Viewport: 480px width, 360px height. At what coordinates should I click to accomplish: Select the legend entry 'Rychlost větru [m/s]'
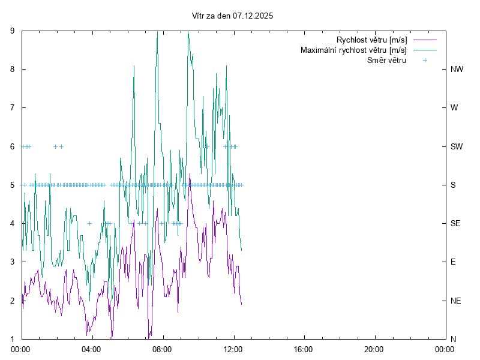pos(372,40)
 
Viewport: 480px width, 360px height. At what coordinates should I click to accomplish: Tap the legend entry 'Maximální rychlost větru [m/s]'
pos(354,50)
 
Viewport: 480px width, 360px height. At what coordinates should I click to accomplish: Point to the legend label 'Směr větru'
pos(387,60)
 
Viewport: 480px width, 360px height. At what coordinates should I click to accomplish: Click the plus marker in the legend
pos(424,60)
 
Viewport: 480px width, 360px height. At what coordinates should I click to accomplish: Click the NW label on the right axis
pos(457,69)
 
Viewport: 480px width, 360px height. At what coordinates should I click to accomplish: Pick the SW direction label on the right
pos(457,146)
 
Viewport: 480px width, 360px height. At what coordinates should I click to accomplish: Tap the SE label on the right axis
pos(456,223)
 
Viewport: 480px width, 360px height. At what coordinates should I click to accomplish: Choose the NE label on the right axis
pos(456,301)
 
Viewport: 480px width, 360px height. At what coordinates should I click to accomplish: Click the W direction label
pos(454,108)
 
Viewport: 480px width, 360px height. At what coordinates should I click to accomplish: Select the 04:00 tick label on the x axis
pos(92,349)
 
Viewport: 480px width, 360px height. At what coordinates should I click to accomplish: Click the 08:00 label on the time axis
pos(162,349)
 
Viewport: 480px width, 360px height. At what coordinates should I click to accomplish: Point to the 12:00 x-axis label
pos(233,349)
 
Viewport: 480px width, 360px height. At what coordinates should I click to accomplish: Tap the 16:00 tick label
pos(304,349)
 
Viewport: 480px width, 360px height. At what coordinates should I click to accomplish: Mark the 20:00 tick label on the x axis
pos(374,349)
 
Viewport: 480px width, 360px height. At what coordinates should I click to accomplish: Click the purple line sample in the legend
pos(424,40)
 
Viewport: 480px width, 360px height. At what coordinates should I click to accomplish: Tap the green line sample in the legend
pos(424,50)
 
